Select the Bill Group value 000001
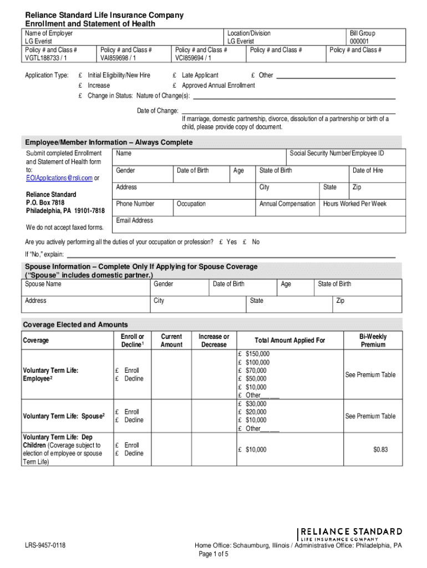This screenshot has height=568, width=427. (359, 41)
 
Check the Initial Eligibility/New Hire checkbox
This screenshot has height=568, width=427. (81, 75)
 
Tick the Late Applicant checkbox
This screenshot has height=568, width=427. (175, 75)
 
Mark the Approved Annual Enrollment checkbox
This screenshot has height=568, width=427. (175, 85)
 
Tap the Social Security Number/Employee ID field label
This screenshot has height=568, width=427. (337, 153)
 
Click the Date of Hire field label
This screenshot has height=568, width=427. (368, 170)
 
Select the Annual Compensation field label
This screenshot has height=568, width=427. (287, 204)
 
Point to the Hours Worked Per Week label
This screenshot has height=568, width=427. (355, 204)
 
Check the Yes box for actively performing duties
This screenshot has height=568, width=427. (221, 242)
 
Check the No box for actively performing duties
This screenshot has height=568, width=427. (245, 242)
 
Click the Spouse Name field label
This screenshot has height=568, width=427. (43, 284)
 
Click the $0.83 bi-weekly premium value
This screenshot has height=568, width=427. (380, 449)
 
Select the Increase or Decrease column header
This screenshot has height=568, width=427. (214, 341)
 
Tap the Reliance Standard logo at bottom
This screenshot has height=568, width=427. (350, 534)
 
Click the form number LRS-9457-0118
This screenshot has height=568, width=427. (45, 546)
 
